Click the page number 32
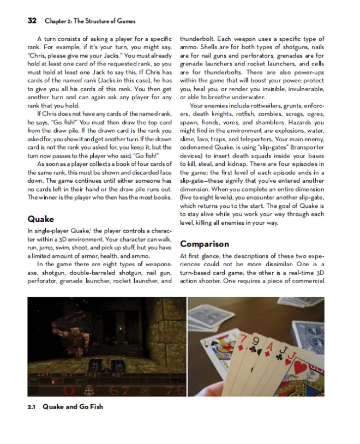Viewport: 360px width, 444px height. (32, 21)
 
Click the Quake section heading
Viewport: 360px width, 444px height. (41, 219)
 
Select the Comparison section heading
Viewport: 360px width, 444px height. (205, 244)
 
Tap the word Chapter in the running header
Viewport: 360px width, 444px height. (56, 21)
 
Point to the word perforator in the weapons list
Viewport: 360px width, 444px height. (45, 281)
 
